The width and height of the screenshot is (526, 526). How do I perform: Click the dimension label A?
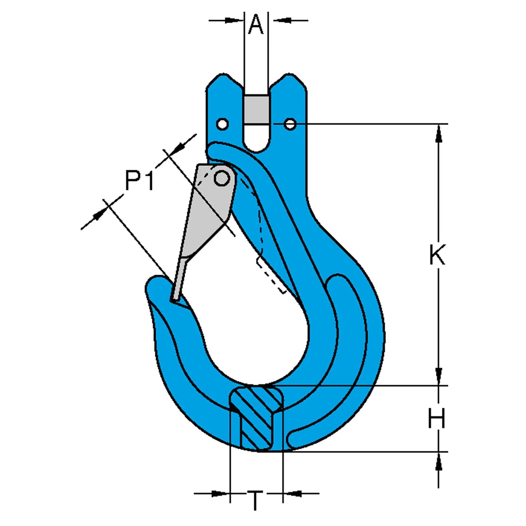[256, 25]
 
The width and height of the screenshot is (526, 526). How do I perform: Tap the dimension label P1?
[139, 181]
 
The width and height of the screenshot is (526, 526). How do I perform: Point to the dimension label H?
[436, 419]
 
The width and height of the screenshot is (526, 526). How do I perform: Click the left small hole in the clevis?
[222, 124]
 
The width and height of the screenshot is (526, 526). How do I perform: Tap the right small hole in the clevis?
[290, 124]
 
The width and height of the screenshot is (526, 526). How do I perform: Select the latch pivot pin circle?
[221, 178]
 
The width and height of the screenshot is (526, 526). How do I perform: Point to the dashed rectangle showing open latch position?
[271, 275]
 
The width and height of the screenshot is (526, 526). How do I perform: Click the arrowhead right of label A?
[282, 20]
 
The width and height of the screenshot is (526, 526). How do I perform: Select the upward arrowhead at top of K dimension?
[439, 133]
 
